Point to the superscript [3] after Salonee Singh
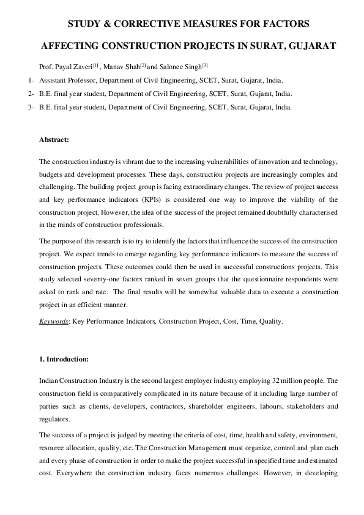click(205, 64)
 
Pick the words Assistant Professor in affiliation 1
click(65, 80)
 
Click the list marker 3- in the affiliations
click(31, 107)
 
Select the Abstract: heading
click(54, 140)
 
